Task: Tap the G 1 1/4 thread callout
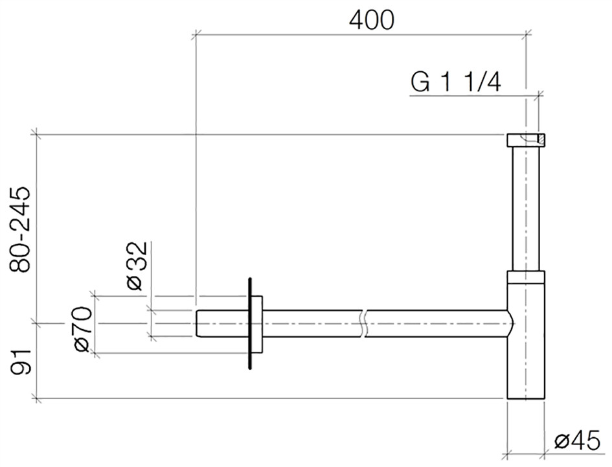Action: point(455,82)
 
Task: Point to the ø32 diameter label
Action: point(137,266)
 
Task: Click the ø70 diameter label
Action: point(83,329)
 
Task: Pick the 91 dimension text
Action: point(20,363)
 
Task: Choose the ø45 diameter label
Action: point(577,441)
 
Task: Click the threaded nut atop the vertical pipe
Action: point(526,140)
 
